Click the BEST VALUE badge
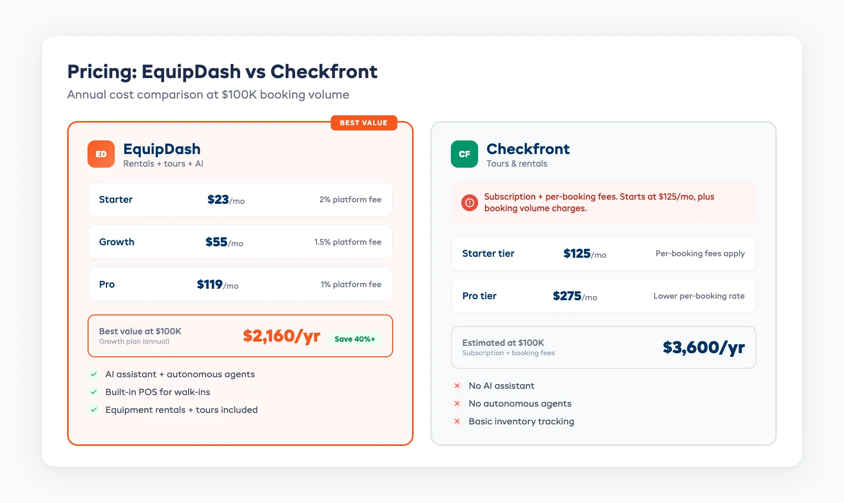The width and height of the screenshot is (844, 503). (364, 123)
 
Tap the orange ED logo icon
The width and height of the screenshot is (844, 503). (101, 154)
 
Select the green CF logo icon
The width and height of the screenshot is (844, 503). (464, 154)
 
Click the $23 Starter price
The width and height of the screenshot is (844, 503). (225, 200)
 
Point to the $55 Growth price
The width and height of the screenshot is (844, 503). (224, 242)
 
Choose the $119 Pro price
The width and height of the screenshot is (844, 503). (218, 285)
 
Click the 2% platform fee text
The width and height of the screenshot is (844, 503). (350, 200)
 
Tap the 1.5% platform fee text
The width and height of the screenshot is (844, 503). (348, 242)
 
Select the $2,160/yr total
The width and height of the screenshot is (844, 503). (282, 336)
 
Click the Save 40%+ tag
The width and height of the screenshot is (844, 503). (355, 339)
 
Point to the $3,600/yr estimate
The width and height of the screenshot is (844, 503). (704, 347)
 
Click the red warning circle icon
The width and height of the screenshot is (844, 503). (470, 202)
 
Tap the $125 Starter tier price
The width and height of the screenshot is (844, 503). (585, 254)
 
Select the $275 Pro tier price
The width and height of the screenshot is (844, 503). (575, 296)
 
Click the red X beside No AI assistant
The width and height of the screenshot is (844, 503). (457, 386)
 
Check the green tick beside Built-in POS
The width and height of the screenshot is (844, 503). (94, 392)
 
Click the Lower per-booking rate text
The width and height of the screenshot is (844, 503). (699, 296)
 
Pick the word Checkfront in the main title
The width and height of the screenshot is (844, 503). (324, 72)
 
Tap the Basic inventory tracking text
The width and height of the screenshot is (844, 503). (521, 421)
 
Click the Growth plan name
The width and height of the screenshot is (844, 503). (116, 242)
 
